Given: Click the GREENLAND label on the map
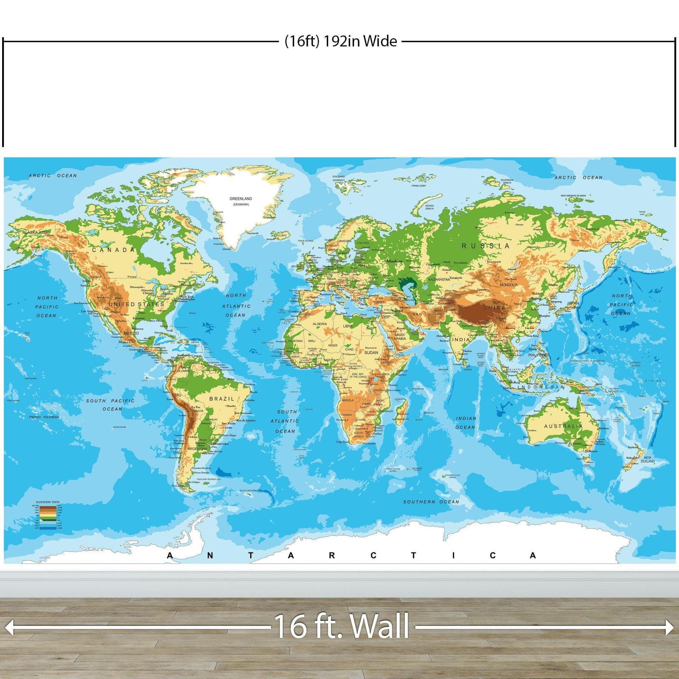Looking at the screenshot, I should pos(241,199).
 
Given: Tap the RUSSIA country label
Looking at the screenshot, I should pos(485,246).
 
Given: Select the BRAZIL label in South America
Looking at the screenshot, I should pos(222,399).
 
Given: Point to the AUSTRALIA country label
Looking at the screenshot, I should pos(564,426).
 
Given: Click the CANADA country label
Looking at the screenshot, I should pos(113,250).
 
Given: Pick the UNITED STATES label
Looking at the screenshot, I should pos(136,304).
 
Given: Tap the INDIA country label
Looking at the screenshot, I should pos(461,339).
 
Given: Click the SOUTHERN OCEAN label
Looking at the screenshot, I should pos(431,502).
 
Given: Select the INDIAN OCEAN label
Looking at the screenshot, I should pos(466,423).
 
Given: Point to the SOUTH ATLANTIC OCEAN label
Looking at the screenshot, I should pos(285,421).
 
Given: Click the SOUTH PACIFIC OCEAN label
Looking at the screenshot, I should pos(110,404).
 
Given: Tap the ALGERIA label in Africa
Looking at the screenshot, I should pos(320,324).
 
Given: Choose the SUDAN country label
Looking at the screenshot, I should pos(371,353).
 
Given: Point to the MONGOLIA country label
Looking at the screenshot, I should pos(508,285).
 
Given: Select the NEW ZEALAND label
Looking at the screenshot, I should pos(648,460).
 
